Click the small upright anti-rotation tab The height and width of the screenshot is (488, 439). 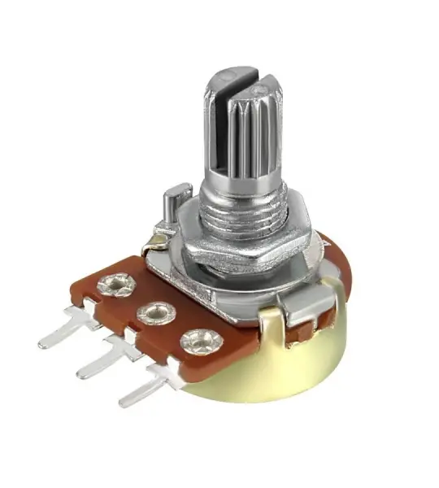pyautogui.click(x=172, y=203)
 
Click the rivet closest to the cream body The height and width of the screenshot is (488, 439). pyautogui.click(x=197, y=340)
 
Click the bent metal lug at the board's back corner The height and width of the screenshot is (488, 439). pyautogui.click(x=154, y=238)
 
